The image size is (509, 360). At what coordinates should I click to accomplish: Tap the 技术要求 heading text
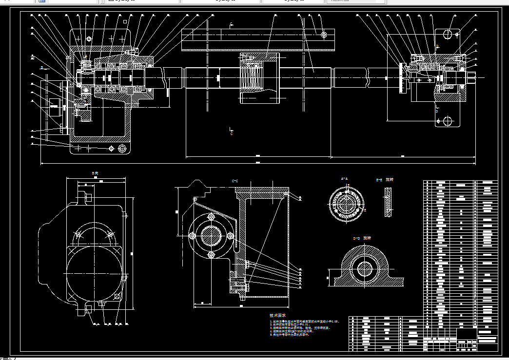[279, 316]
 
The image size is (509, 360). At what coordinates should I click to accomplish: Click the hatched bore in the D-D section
[364, 267]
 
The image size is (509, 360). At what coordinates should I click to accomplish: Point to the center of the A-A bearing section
[346, 204]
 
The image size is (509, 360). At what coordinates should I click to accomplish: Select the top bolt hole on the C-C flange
[211, 216]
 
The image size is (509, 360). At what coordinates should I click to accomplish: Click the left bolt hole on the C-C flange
[192, 236]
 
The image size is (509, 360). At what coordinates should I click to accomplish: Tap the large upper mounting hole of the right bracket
[448, 35]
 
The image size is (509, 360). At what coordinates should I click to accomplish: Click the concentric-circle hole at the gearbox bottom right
[121, 148]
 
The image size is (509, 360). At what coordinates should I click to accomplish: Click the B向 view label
[95, 173]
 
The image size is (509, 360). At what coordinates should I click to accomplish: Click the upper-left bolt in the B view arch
[78, 235]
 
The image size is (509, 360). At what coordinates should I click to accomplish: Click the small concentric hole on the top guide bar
[324, 35]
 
